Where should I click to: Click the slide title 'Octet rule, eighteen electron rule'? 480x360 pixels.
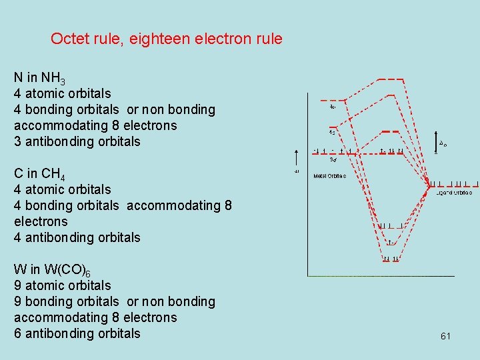(167, 39)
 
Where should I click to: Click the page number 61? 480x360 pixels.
(445, 337)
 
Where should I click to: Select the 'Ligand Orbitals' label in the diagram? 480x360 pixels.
(454, 193)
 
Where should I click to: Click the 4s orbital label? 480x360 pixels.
(331, 131)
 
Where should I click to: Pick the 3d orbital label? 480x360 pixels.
(333, 159)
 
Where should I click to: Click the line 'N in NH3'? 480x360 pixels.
(39, 78)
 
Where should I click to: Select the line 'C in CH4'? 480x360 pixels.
(39, 174)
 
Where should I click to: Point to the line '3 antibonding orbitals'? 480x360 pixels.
(77, 141)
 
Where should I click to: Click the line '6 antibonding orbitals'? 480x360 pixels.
(77, 333)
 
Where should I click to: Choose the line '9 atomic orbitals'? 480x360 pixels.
(63, 285)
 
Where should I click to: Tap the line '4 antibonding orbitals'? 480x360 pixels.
(77, 237)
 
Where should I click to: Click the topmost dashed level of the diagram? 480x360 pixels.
(391, 79)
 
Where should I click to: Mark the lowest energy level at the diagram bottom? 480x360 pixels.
(391, 259)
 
